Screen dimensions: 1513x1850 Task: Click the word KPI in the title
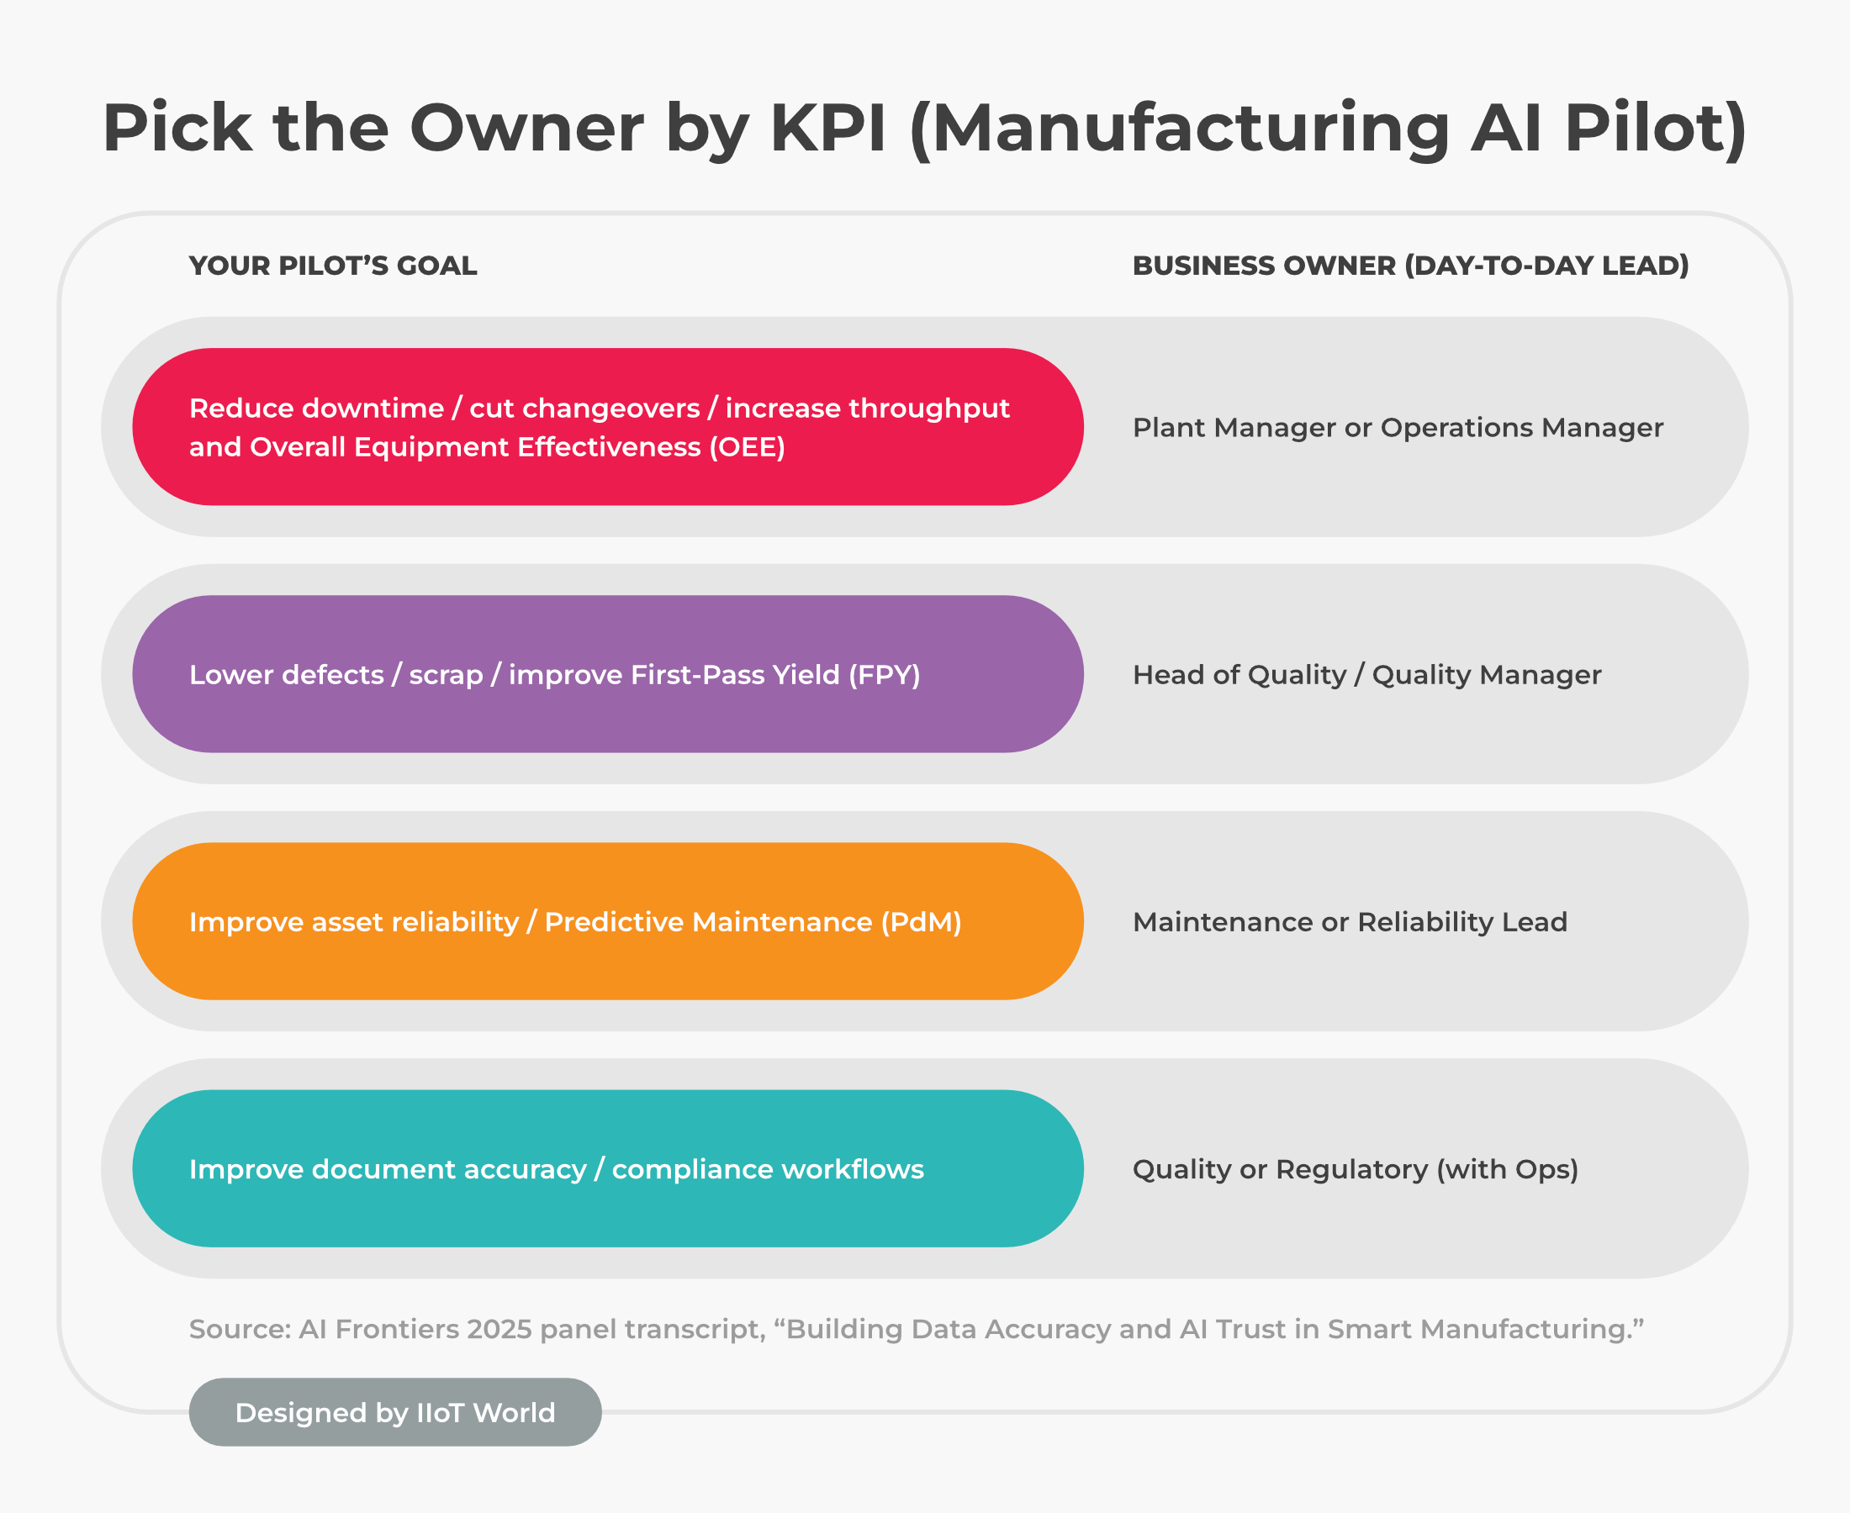pos(827,128)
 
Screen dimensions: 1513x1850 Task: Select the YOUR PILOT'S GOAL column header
pos(333,266)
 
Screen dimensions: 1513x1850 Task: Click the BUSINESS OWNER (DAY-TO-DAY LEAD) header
pos(1409,266)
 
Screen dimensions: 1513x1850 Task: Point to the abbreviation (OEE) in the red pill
pos(748,447)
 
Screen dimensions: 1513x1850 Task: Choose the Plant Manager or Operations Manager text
pos(1398,428)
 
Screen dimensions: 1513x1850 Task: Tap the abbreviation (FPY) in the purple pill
pos(884,675)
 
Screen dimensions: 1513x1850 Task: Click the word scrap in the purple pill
pos(446,676)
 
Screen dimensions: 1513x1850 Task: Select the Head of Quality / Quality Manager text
pos(1366,675)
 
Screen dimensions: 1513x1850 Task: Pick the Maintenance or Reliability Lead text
pos(1350,922)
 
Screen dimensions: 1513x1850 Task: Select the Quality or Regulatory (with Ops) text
pos(1355,1169)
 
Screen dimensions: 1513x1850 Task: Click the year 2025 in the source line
pos(499,1329)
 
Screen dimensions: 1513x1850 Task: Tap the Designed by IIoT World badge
pos(395,1413)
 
